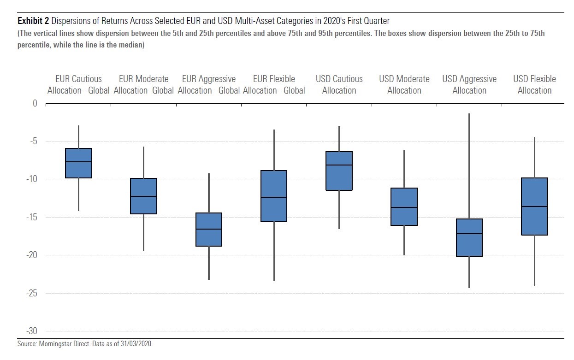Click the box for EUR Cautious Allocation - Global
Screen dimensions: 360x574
pos(78,163)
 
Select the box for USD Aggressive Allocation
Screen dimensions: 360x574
pos(469,237)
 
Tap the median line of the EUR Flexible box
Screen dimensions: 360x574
pos(274,197)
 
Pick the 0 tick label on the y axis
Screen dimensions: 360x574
pos(35,103)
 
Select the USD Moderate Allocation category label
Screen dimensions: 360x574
pos(404,84)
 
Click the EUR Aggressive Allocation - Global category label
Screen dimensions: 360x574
pos(209,84)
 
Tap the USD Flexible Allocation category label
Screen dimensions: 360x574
pos(534,84)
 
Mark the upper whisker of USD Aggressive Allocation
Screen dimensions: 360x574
pos(469,166)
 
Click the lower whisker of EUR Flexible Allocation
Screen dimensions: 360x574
pos(274,251)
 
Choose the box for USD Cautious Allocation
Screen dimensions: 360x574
pos(339,171)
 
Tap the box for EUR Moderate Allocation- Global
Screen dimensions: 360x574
pos(143,196)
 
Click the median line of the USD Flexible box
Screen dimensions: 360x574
pos(534,207)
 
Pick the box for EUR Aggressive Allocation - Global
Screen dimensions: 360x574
pos(209,229)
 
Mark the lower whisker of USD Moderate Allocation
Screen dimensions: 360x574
pos(404,240)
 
